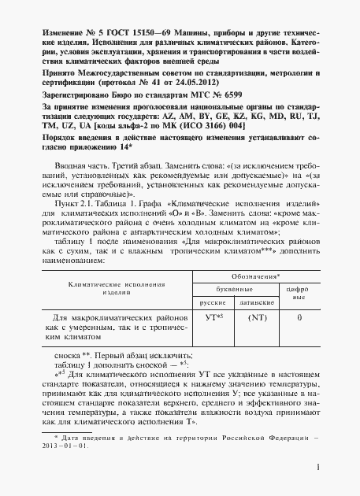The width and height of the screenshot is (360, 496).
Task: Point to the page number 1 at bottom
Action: [316, 469]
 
